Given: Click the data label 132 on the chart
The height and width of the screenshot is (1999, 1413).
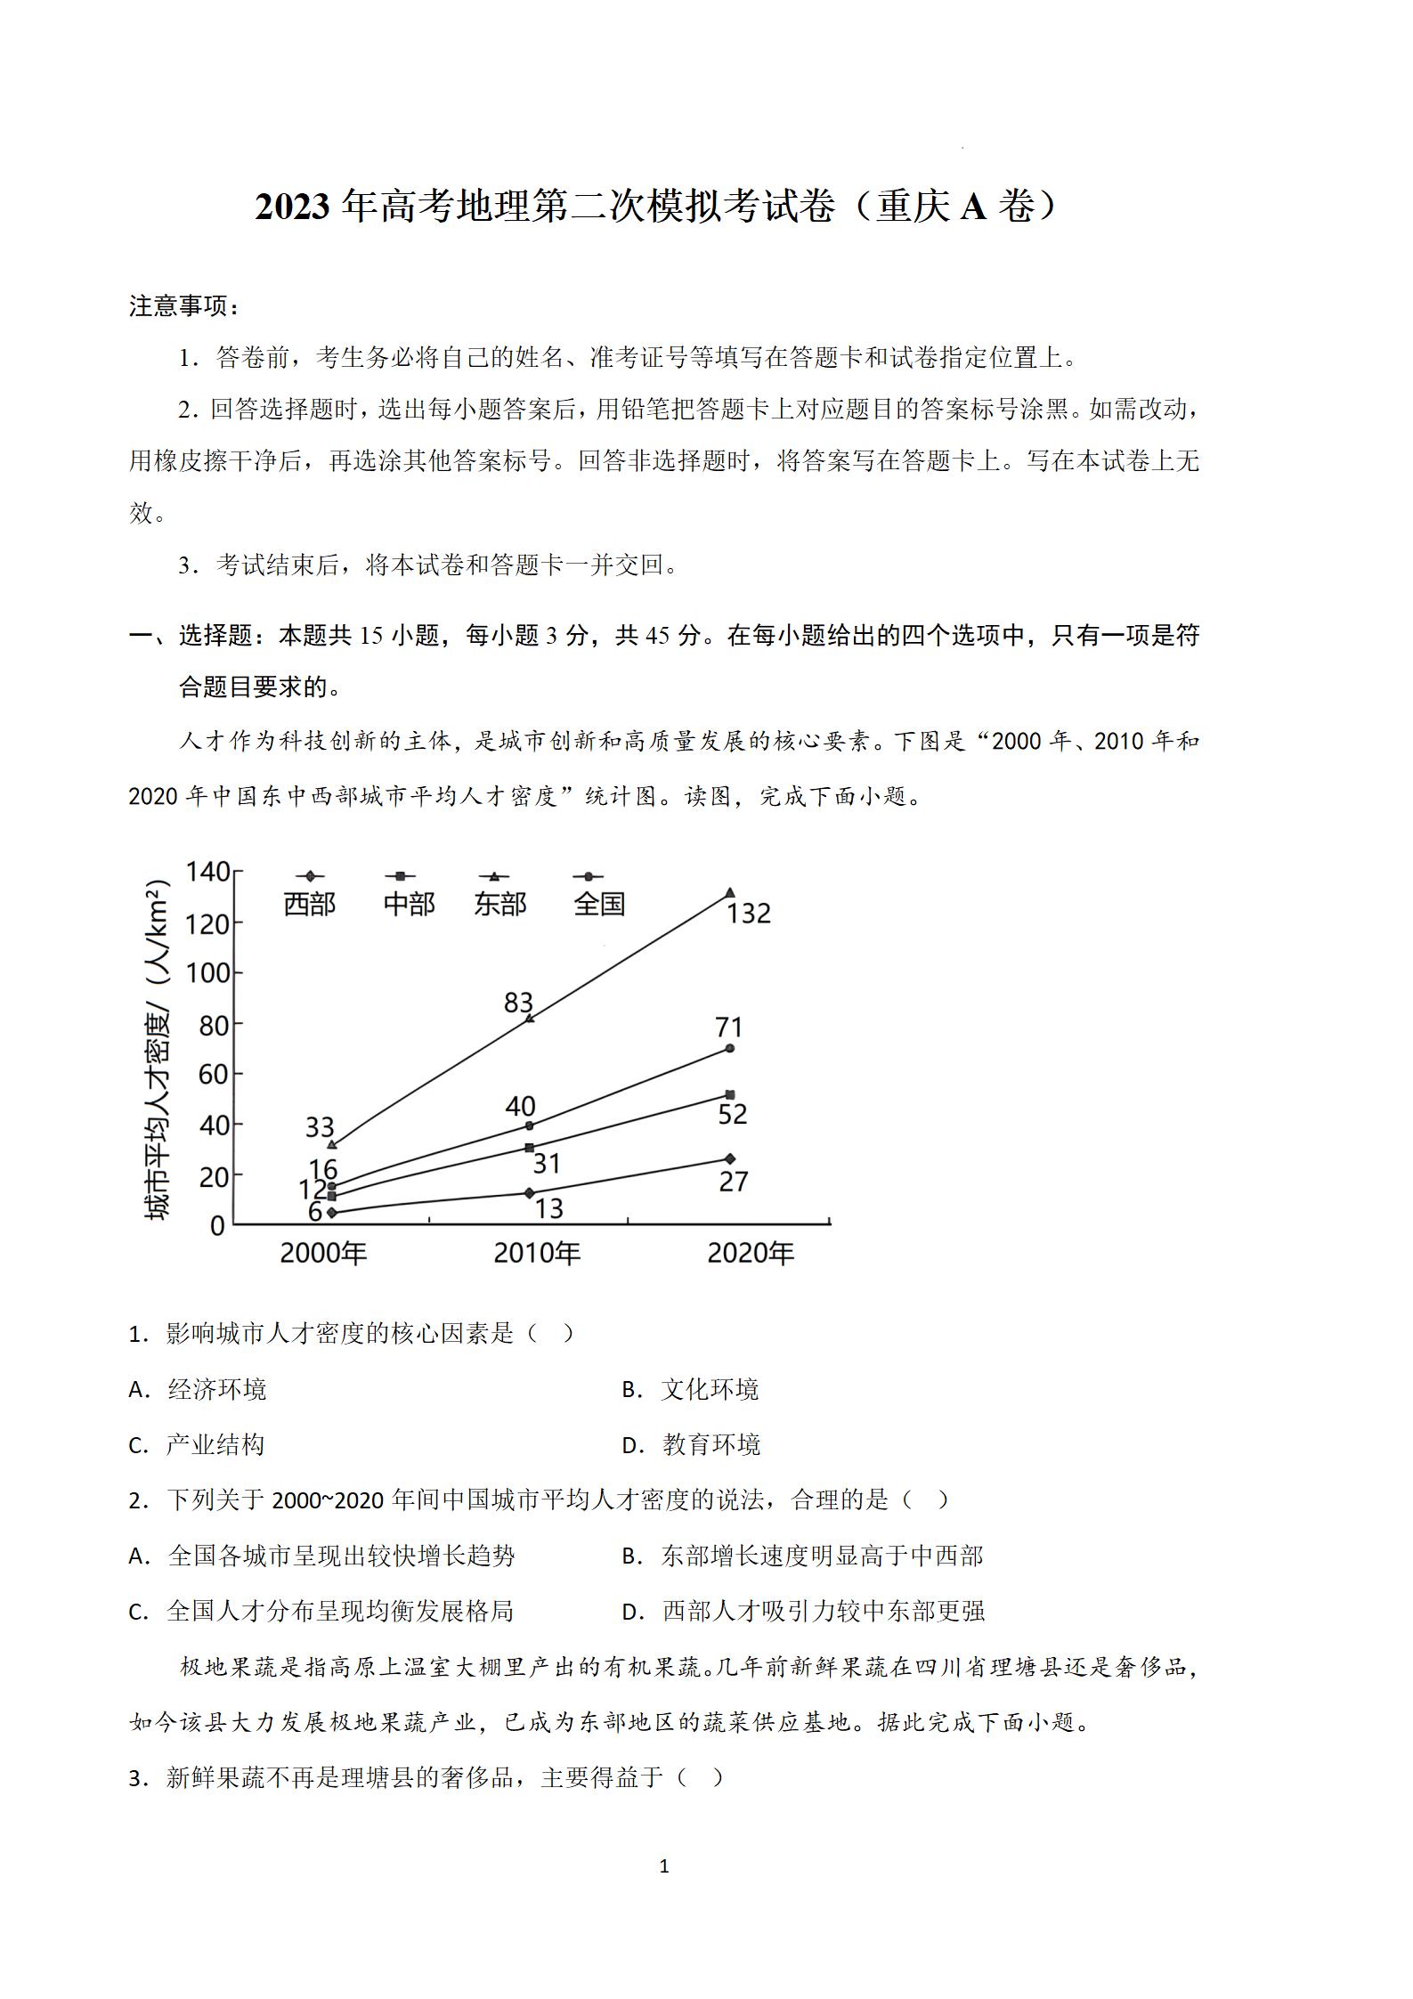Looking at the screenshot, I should click(748, 914).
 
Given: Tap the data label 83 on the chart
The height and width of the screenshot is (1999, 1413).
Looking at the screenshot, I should click(517, 1003).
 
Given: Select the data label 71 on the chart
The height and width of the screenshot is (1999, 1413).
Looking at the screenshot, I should click(728, 1027).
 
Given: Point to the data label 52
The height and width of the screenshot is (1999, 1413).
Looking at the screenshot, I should click(732, 1114).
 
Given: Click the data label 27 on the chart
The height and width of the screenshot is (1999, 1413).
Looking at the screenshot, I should click(733, 1182).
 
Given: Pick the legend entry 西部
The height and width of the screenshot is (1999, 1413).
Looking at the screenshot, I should click(309, 904).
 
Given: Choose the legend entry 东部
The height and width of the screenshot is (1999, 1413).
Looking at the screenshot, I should click(500, 904).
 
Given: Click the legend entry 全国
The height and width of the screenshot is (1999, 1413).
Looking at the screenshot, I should click(599, 904).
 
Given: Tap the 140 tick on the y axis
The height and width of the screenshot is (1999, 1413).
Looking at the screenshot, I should click(207, 872).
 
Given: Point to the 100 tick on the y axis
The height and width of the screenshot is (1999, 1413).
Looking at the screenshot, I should click(207, 973).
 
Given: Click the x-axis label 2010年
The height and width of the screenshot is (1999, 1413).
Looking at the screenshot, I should click(537, 1254).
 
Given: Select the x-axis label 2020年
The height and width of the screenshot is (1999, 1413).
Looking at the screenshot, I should click(751, 1254).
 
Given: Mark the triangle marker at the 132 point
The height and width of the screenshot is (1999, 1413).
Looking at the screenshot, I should click(730, 893).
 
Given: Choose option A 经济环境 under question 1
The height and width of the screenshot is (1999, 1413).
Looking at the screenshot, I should click(198, 1389).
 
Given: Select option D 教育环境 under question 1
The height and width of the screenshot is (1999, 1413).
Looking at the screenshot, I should click(691, 1444).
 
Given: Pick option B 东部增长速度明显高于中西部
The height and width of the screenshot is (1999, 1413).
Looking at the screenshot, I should click(802, 1556).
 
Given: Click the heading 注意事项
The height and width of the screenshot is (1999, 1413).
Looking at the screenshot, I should click(183, 306).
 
